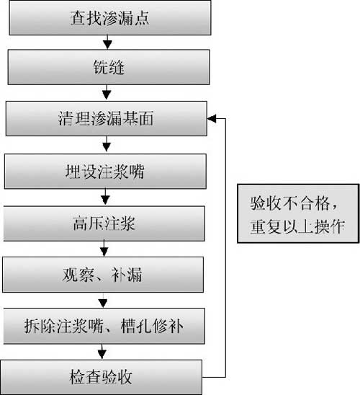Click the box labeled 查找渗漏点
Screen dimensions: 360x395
pos(110,17)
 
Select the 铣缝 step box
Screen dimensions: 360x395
pos(109,67)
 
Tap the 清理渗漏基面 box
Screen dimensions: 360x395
pos(107,118)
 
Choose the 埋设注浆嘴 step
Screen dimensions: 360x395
pos(105,172)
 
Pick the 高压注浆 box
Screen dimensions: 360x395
pos(104,223)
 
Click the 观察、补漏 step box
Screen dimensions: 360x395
pos(103,275)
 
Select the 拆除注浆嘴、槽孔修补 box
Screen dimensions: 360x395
pos(104,326)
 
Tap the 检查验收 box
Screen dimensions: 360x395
pos(101,377)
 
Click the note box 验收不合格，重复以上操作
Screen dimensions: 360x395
pos(298,213)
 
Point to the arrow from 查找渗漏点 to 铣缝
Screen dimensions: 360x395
pos(108,42)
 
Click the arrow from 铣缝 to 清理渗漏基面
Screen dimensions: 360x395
pos(107,92)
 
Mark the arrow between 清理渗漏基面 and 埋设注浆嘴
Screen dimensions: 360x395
pos(107,144)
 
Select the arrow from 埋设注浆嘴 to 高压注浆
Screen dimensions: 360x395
pos(105,197)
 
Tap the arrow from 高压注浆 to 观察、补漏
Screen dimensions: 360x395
pos(104,249)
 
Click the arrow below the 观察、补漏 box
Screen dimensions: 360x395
pos(103,301)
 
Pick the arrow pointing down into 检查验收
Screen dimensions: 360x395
pos(102,352)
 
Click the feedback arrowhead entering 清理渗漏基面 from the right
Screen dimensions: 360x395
pos(212,118)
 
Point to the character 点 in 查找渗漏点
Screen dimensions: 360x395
pos(142,18)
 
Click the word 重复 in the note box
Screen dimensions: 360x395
pos(266,226)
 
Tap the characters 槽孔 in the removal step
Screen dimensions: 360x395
pos(136,326)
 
